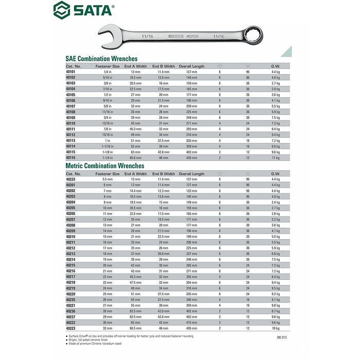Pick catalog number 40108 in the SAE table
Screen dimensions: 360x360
click(x=71, y=112)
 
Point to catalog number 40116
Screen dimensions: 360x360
click(x=71, y=157)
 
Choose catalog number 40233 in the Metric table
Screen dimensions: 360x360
click(x=71, y=179)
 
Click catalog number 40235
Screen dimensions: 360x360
click(x=71, y=299)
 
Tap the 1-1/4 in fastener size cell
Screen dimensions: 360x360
click(x=107, y=157)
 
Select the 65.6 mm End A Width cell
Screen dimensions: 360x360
click(x=135, y=157)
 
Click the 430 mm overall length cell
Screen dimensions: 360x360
click(x=192, y=157)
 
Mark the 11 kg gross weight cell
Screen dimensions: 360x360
click(x=276, y=157)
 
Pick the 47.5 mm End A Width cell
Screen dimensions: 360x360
click(x=135, y=282)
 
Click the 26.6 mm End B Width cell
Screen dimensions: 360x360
click(x=164, y=254)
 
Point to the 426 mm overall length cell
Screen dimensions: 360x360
click(x=192, y=328)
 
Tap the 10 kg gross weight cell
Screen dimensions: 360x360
click(x=276, y=328)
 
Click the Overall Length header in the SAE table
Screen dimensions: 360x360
click(x=192, y=66)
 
